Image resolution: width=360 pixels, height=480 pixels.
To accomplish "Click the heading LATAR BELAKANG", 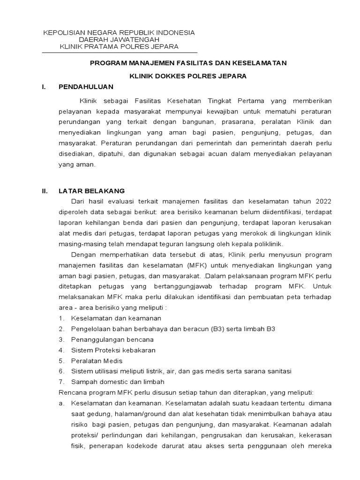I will [91, 191].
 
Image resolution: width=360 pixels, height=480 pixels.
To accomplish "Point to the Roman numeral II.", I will [45, 191].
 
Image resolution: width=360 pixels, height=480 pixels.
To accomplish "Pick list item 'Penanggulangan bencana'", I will [112, 339].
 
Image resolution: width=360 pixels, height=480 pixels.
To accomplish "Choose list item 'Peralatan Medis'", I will [97, 360].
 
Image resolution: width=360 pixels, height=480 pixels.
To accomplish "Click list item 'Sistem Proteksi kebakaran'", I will [113, 350].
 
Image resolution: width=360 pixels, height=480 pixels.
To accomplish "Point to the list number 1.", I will [61, 318].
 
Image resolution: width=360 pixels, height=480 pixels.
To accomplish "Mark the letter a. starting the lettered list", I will [61, 403].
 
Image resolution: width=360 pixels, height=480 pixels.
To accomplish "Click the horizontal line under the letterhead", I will [120, 52].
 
